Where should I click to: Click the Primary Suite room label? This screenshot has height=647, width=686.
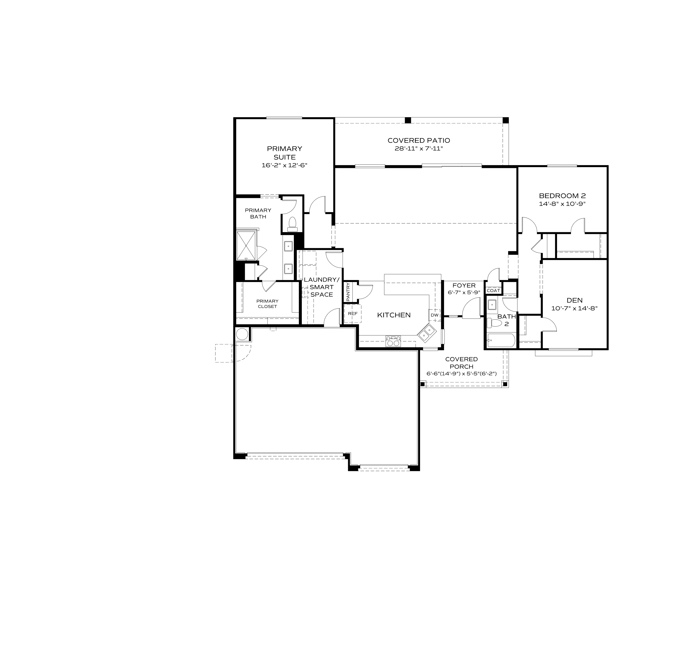point(284,153)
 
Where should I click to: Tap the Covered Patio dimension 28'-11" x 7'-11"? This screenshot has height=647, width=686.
point(418,149)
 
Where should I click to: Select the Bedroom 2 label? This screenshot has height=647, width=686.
point(562,196)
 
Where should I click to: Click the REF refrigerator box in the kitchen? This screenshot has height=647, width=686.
point(352,314)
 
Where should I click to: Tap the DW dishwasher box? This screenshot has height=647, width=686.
point(434,315)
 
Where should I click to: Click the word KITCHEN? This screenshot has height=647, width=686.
point(394,315)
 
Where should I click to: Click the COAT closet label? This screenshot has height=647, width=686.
point(493,291)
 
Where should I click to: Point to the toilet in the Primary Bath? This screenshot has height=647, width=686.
point(292,224)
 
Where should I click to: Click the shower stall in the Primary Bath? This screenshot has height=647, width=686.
point(246,246)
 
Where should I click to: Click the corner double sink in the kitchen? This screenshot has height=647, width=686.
point(426,332)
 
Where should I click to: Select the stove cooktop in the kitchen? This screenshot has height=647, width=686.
point(393,341)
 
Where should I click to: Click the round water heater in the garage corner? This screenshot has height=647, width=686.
point(242,334)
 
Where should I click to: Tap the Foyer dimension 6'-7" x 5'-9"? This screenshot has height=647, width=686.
point(464,292)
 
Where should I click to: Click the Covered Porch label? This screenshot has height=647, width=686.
point(461,363)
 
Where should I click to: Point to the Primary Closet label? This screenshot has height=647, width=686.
point(268,304)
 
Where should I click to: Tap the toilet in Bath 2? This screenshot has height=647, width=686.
point(494,323)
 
